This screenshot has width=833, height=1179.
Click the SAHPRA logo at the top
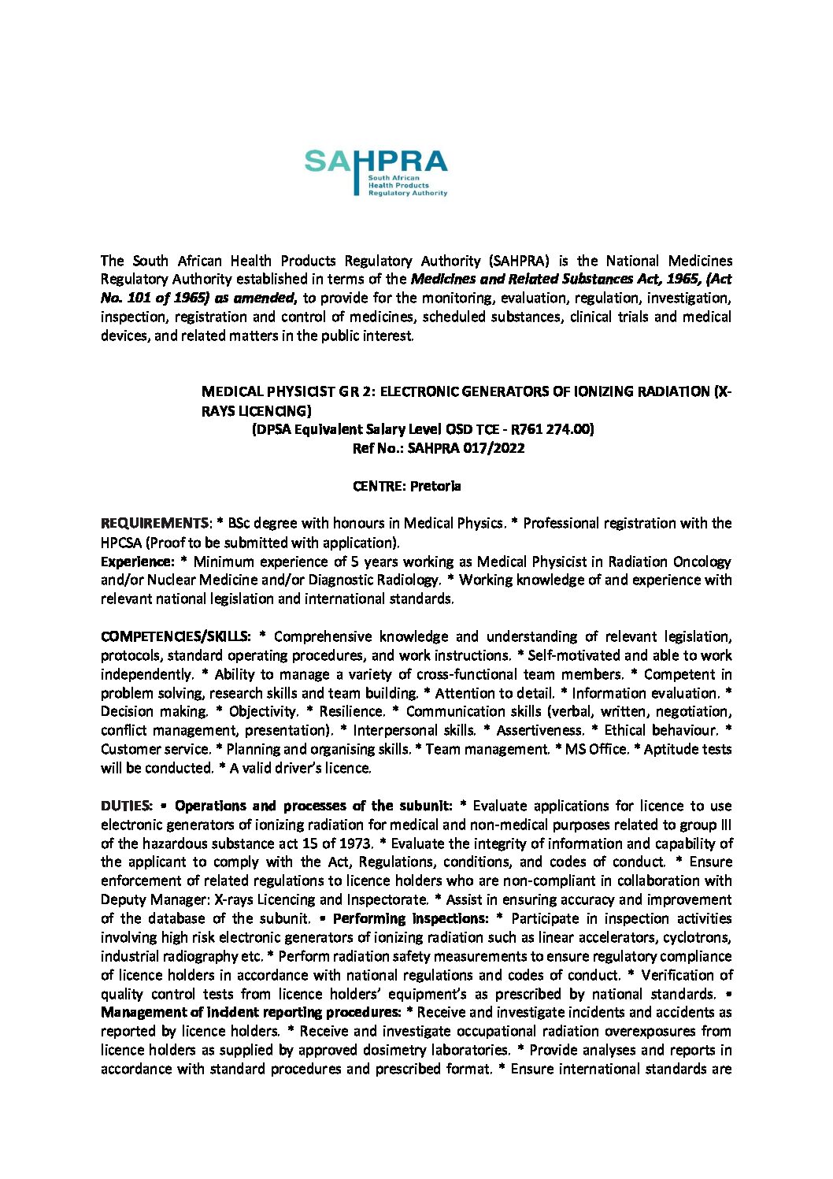pyautogui.click(x=376, y=172)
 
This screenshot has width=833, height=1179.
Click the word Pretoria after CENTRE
pyautogui.click(x=435, y=486)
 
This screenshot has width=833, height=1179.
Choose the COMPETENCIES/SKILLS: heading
pyautogui.click(x=176, y=636)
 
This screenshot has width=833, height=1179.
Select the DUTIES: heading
pyautogui.click(x=126, y=806)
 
